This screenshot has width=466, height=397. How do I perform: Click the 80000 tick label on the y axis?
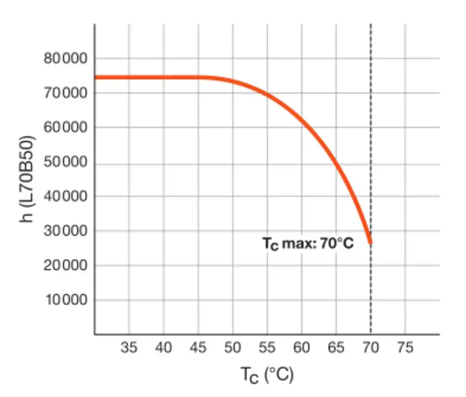click(x=66, y=59)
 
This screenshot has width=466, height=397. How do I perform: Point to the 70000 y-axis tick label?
click(x=66, y=93)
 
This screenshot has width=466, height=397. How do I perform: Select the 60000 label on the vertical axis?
click(x=66, y=128)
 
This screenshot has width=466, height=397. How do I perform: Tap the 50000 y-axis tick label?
click(x=66, y=162)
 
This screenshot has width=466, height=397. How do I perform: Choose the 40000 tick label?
click(x=66, y=196)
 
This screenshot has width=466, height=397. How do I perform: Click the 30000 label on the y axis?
click(x=66, y=231)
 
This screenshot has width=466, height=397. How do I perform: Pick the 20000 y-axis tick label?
click(x=66, y=265)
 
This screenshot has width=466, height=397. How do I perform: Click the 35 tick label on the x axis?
click(x=129, y=348)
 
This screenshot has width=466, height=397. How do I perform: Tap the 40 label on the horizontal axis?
click(x=164, y=348)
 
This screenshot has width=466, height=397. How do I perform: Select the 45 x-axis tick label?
click(x=198, y=348)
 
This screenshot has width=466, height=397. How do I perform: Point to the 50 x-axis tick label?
click(x=233, y=348)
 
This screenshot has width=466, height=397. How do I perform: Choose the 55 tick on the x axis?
click(x=267, y=348)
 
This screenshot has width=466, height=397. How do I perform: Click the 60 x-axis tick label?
click(x=302, y=348)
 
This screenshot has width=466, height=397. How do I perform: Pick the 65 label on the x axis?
click(x=336, y=348)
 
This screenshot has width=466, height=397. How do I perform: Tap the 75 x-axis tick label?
click(x=405, y=348)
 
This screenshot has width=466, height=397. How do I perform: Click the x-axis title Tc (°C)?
click(x=267, y=374)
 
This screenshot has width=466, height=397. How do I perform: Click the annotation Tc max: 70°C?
click(x=308, y=243)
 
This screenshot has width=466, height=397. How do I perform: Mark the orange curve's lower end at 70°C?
click(x=370, y=242)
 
